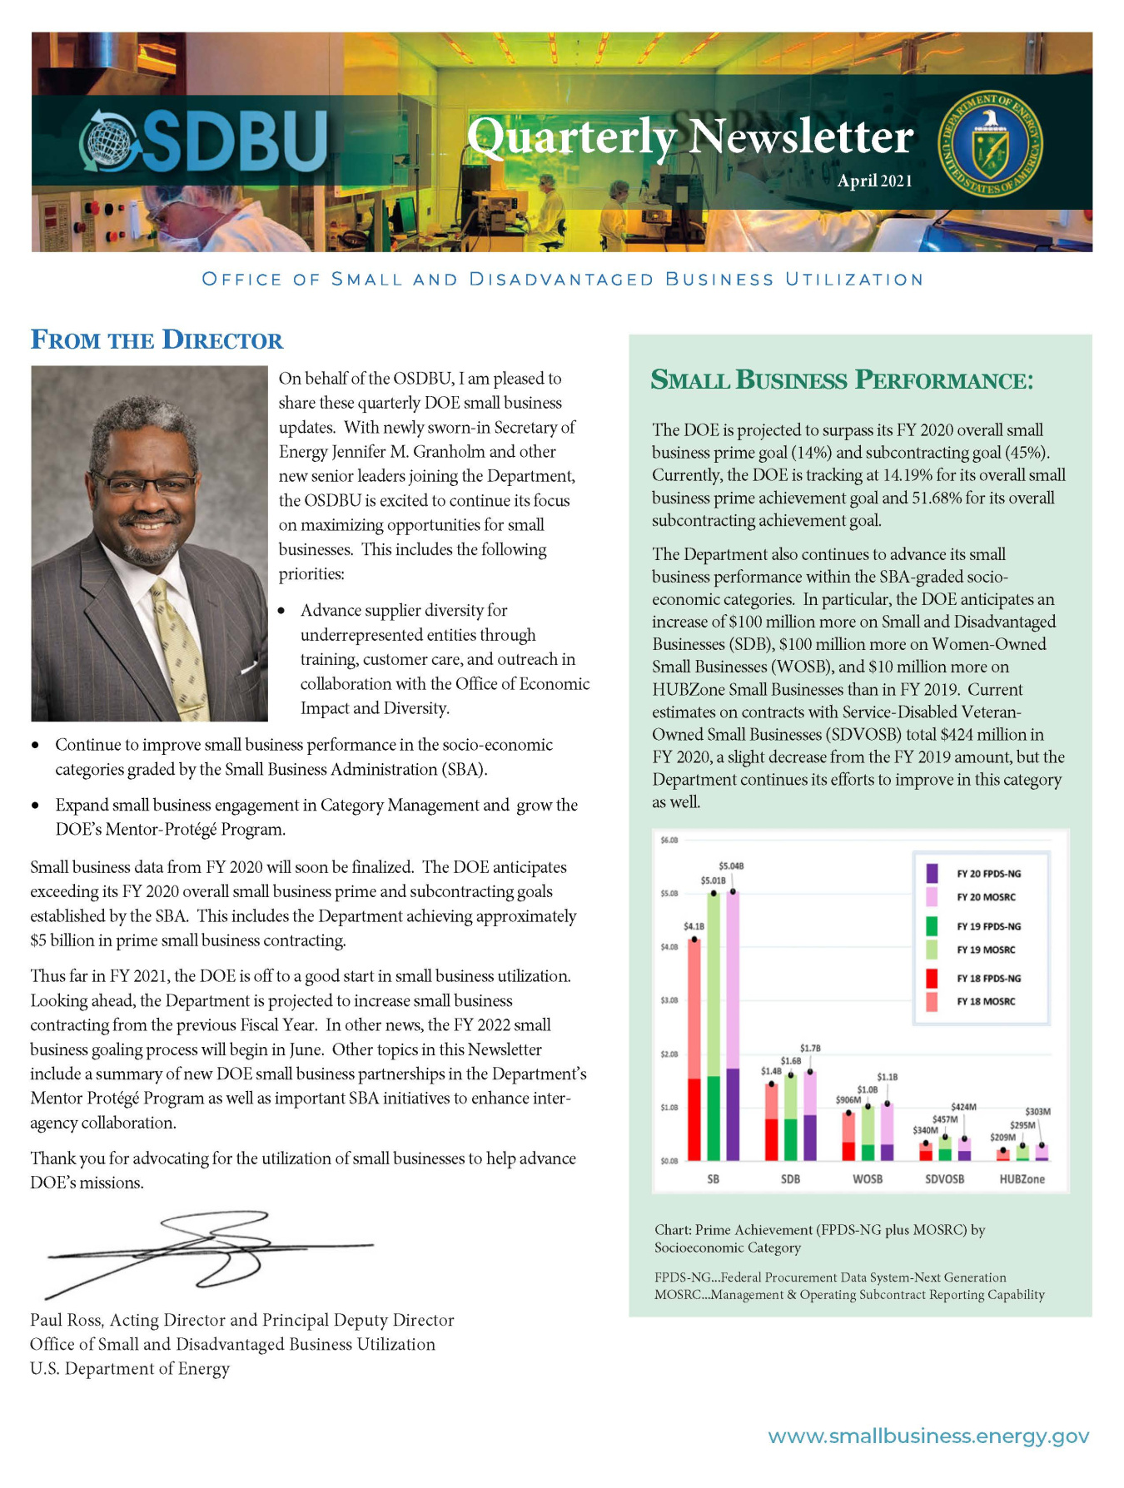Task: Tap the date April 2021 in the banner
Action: tap(874, 181)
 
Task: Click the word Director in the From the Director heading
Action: tap(222, 340)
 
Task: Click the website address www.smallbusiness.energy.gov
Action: tap(928, 1436)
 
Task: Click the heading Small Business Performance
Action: tap(841, 380)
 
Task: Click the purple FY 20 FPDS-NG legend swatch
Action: tap(932, 873)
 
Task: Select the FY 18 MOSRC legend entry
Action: tap(985, 1001)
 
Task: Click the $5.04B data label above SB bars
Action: tap(731, 866)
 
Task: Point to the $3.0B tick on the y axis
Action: tap(669, 1000)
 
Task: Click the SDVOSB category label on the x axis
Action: tap(944, 1179)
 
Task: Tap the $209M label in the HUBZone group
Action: tap(1002, 1137)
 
